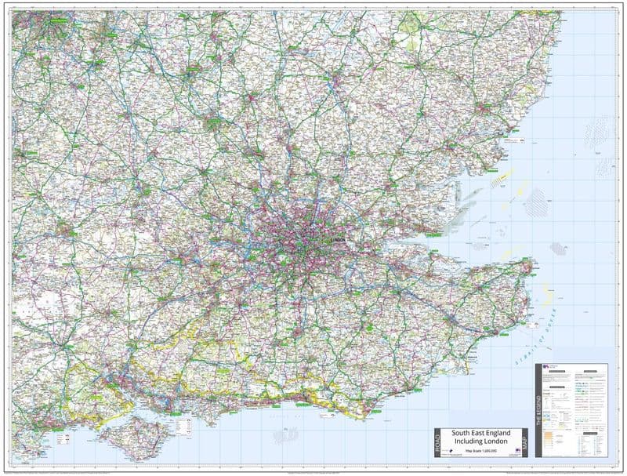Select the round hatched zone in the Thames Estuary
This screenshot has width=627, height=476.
(557, 249)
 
